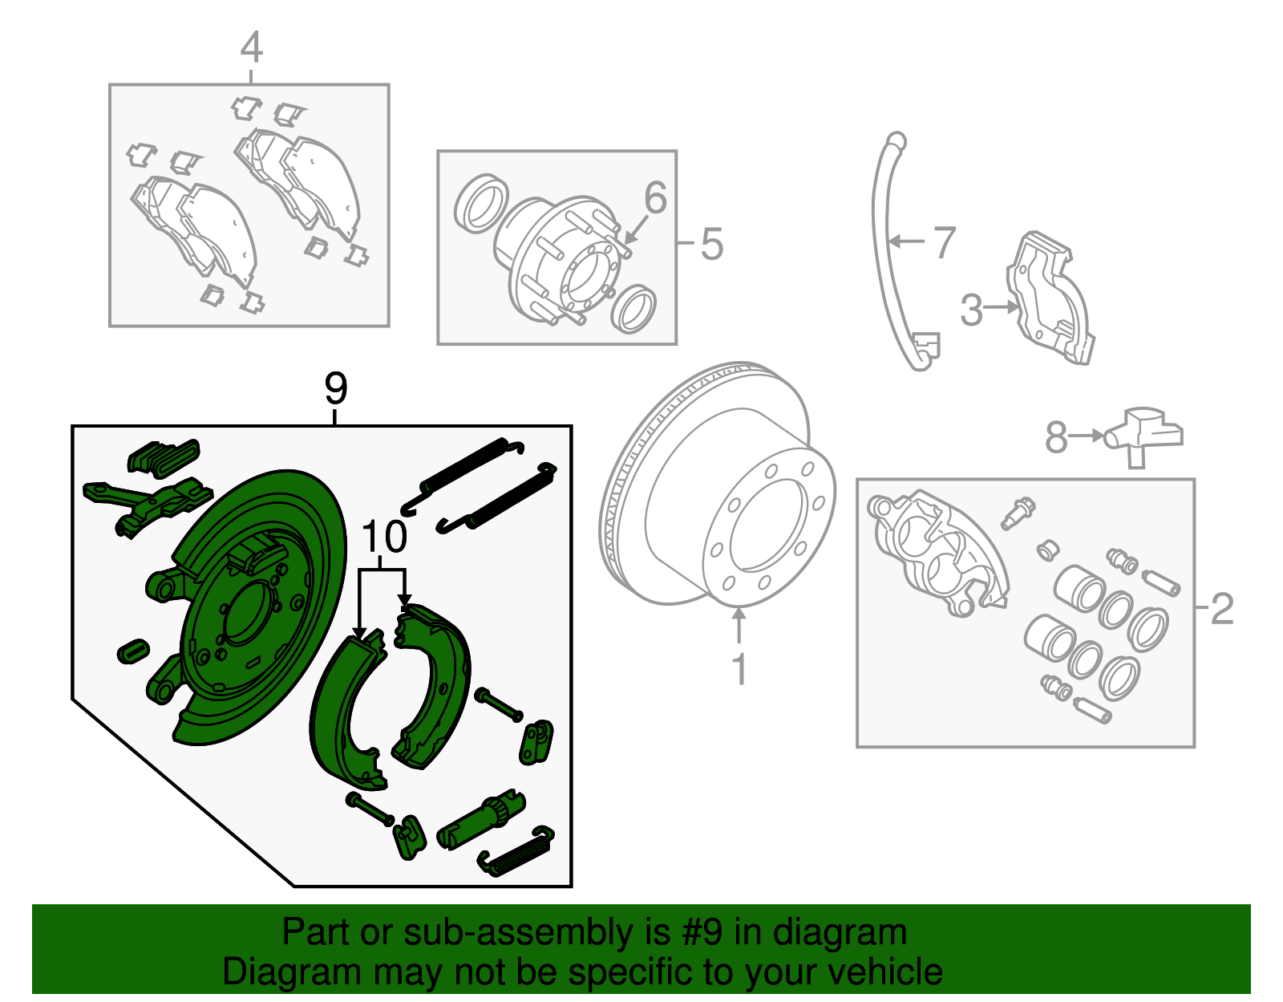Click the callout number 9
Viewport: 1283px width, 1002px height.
click(x=336, y=388)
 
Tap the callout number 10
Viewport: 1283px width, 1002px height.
click(x=384, y=537)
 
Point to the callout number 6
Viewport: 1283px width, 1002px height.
click(x=655, y=197)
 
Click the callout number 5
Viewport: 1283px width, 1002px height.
click(x=711, y=244)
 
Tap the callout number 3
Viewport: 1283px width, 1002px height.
click(x=971, y=310)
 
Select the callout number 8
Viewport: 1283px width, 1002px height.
click(x=1056, y=437)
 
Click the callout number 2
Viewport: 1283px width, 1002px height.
click(x=1221, y=609)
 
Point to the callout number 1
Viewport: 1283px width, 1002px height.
click(x=739, y=669)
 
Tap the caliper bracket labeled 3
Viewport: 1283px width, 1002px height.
click(x=1050, y=298)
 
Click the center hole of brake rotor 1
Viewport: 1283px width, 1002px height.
click(x=768, y=526)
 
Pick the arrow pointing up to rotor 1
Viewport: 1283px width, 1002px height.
click(x=739, y=627)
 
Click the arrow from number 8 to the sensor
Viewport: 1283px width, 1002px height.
click(x=1087, y=436)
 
